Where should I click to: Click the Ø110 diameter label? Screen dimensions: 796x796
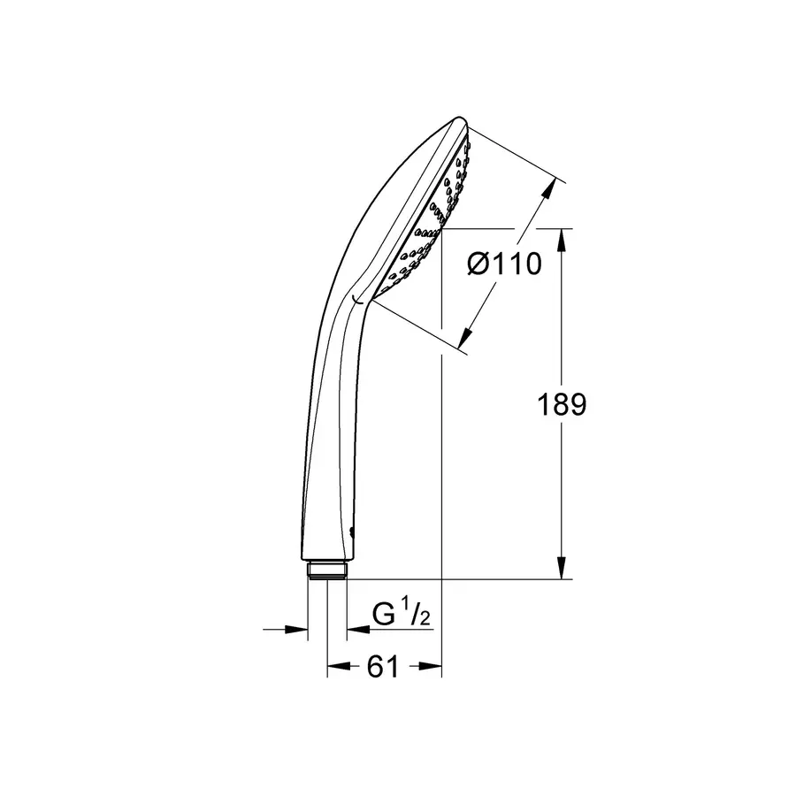pyautogui.click(x=503, y=263)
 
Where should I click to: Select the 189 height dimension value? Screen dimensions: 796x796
pyautogui.click(x=563, y=405)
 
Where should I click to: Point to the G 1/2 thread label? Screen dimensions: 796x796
pyautogui.click(x=401, y=613)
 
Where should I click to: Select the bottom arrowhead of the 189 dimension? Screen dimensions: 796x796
pyautogui.click(x=562, y=570)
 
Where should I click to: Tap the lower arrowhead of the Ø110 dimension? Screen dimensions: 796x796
pyautogui.click(x=465, y=337)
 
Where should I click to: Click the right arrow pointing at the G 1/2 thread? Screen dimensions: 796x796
pyautogui.click(x=356, y=629)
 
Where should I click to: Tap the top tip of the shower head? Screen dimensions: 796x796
pyautogui.click(x=460, y=120)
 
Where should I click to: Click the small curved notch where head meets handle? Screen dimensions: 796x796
pyautogui.click(x=356, y=302)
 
